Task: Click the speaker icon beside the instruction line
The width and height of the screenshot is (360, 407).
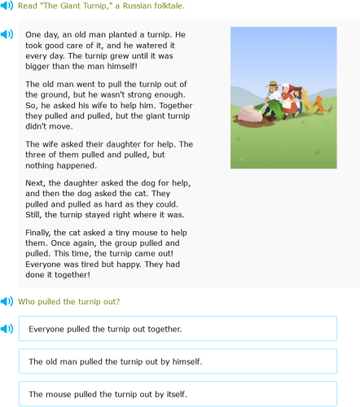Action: click(7, 6)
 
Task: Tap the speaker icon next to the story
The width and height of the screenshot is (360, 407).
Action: click(7, 35)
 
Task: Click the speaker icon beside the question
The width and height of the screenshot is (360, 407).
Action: click(7, 301)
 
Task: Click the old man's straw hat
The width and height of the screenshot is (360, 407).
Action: click(273, 84)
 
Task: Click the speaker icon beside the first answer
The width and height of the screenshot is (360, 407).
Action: click(7, 329)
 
